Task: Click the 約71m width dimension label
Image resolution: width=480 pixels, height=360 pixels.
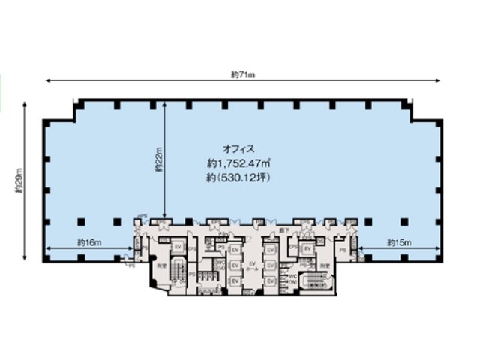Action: (243, 73)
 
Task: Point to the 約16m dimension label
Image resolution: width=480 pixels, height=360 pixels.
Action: (88, 241)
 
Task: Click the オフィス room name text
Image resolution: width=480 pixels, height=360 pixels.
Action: (239, 148)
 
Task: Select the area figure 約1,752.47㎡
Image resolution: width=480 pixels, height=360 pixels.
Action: (239, 163)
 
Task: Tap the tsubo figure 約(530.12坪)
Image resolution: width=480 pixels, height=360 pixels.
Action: (239, 178)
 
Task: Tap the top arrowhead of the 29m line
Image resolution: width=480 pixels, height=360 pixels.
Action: (25, 104)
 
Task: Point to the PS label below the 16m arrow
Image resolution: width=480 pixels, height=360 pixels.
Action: (131, 265)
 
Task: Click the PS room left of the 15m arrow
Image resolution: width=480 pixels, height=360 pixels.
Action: (342, 249)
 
